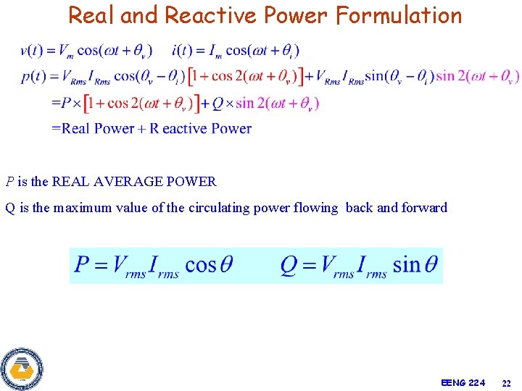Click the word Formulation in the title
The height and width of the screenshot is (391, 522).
(x=398, y=15)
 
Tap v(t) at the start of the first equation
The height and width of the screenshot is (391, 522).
(x=30, y=51)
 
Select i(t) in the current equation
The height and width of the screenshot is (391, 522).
(x=181, y=51)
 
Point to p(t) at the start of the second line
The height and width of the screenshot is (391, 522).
(x=33, y=77)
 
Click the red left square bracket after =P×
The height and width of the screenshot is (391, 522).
(x=88, y=104)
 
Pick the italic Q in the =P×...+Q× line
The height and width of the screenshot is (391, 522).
(x=217, y=104)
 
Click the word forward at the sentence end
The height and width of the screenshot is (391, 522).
(x=425, y=208)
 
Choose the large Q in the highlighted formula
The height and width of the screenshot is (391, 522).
(x=289, y=264)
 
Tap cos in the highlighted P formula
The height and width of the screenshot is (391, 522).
(x=201, y=265)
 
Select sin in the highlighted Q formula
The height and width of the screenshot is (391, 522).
(x=406, y=265)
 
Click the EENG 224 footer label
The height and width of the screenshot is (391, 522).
(x=463, y=382)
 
